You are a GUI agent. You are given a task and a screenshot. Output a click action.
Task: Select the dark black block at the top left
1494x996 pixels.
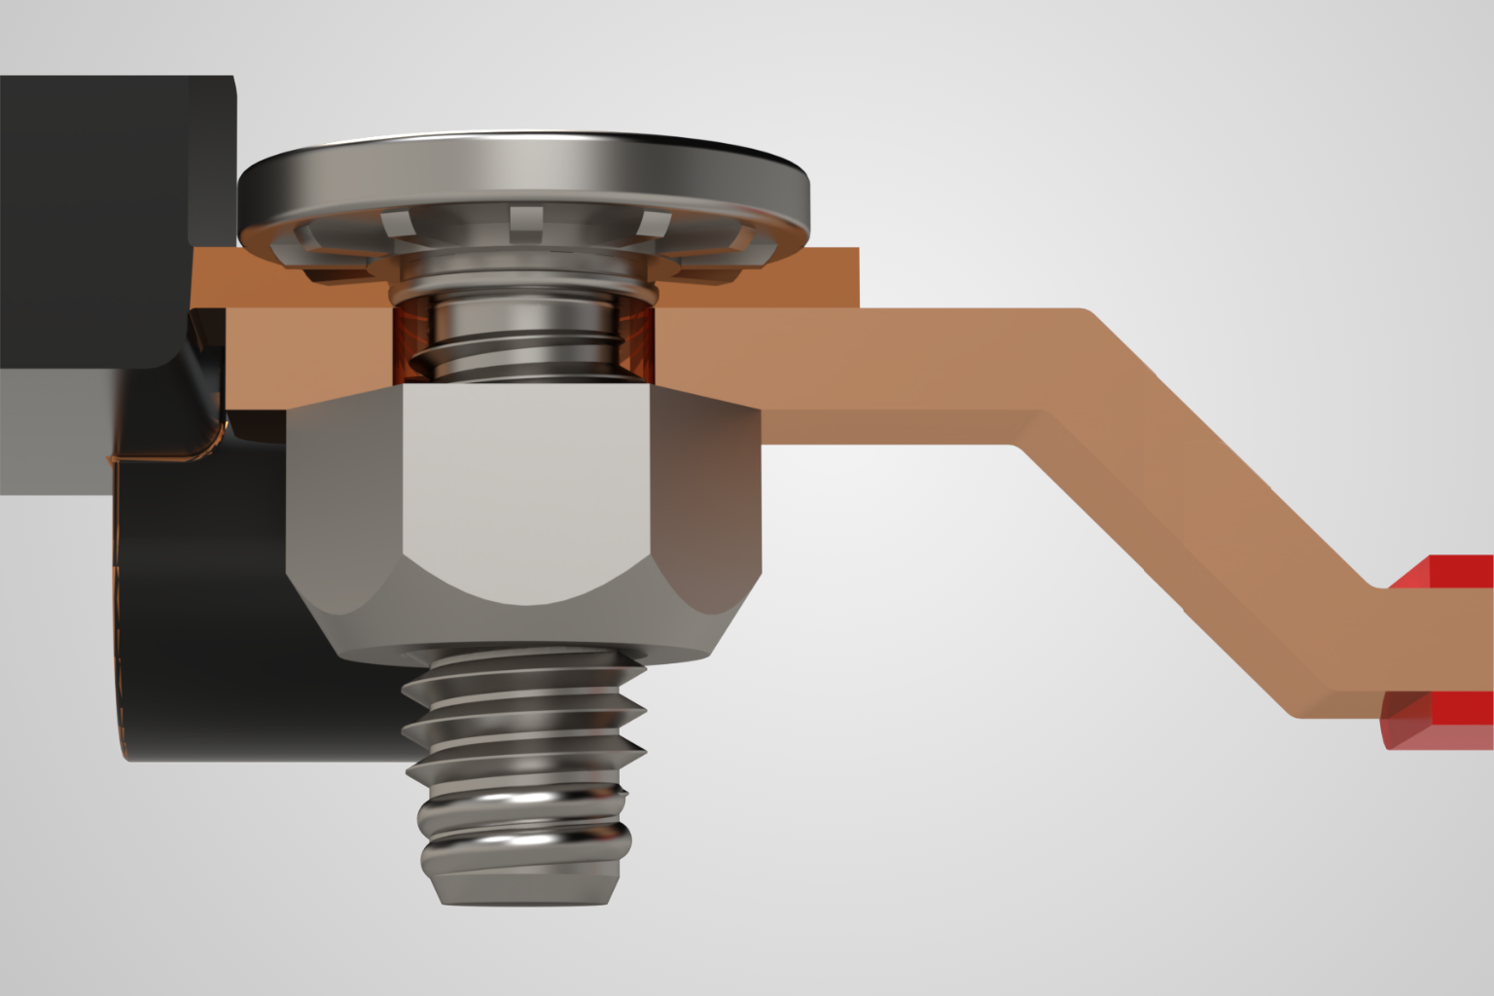[97, 214]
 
